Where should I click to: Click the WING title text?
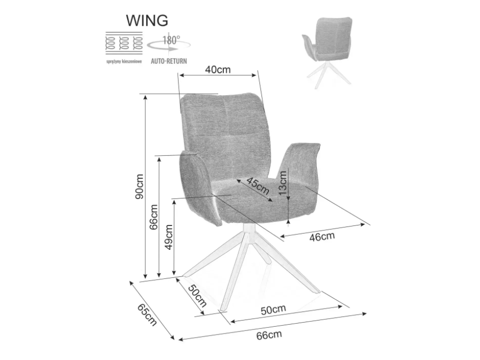pyautogui.click(x=148, y=21)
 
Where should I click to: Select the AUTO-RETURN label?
pyautogui.click(x=169, y=61)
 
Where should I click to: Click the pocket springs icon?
pyautogui.click(x=124, y=43)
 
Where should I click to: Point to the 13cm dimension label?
pyautogui.click(x=283, y=182)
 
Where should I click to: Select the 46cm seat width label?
pyautogui.click(x=322, y=237)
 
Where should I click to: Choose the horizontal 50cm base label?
pyautogui.click(x=273, y=310)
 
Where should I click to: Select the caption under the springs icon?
pyautogui.click(x=124, y=61)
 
